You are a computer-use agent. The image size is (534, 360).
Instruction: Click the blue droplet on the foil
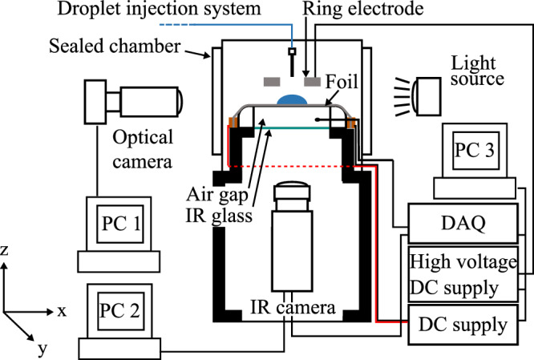tap(292, 99)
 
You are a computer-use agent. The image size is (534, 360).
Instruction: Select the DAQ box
tap(463, 224)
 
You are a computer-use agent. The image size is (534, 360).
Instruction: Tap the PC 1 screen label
tap(121, 224)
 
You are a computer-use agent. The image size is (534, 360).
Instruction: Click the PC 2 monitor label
tap(119, 310)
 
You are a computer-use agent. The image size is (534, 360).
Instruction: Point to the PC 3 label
tap(475, 150)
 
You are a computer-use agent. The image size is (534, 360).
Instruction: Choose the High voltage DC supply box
tap(463, 274)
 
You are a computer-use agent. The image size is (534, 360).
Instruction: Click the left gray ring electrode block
tap(272, 82)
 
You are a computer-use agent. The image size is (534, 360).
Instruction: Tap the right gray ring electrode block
tap(312, 82)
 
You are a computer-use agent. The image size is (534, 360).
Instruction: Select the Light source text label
tap(477, 71)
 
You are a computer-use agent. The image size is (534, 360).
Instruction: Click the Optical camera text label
tap(143, 149)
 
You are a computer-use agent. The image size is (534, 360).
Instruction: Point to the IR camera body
tap(292, 251)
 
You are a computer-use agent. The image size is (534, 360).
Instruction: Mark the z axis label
tap(4, 250)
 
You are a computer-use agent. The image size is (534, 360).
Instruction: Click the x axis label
tap(62, 311)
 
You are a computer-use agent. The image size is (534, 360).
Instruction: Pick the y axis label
tap(42, 349)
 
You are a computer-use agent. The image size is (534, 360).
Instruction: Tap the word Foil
tap(342, 82)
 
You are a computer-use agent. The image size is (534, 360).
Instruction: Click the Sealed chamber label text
tap(115, 46)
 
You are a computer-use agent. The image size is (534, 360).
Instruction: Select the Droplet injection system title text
tap(159, 9)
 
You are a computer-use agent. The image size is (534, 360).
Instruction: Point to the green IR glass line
tap(292, 128)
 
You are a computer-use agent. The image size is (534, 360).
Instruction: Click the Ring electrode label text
tap(363, 9)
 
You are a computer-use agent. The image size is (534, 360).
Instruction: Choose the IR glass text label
tap(219, 215)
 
